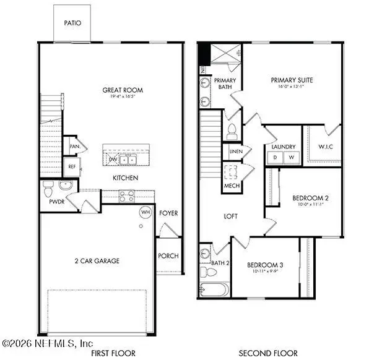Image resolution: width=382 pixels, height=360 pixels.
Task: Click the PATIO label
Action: coord(72,23)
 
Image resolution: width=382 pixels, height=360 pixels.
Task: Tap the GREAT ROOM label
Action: coord(118,90)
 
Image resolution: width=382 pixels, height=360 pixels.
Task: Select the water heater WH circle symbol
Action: coord(145,212)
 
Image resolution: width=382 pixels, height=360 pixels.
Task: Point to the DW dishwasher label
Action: coord(113,160)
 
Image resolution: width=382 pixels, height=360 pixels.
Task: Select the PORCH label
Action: coord(168,256)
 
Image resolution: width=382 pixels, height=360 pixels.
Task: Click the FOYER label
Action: coord(168,213)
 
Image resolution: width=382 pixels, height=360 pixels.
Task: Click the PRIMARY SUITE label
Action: coord(292,80)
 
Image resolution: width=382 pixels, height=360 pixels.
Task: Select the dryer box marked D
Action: coord(274,157)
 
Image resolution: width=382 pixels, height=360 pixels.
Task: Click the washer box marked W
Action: coord(290,157)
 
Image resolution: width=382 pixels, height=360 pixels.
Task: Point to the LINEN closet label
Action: coord(235,152)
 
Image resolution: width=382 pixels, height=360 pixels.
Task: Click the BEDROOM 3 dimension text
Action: coord(263,271)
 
